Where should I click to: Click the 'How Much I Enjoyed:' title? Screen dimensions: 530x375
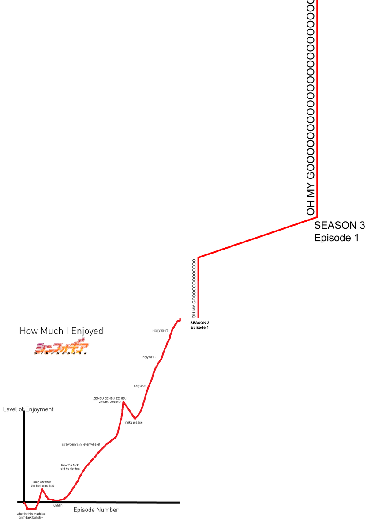pyautogui.click(x=63, y=331)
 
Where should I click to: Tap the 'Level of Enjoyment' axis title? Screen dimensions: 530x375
pyautogui.click(x=28, y=409)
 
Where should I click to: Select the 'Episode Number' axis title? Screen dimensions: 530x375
pyautogui.click(x=96, y=510)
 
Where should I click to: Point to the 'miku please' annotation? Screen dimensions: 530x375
pyautogui.click(x=134, y=422)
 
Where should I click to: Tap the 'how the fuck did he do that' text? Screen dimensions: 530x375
pyautogui.click(x=70, y=467)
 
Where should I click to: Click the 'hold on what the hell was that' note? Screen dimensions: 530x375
pyautogui.click(x=42, y=484)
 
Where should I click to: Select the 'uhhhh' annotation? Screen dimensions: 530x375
pyautogui.click(x=58, y=505)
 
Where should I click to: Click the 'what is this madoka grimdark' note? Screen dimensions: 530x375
pyautogui.click(x=31, y=515)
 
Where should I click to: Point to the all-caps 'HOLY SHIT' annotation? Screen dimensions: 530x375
pyautogui.click(x=160, y=331)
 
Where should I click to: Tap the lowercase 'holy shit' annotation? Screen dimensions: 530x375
pyautogui.click(x=139, y=386)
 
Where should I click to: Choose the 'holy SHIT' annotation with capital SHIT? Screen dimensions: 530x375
pyautogui.click(x=149, y=357)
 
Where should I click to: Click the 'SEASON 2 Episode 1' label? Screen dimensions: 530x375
pyautogui.click(x=200, y=325)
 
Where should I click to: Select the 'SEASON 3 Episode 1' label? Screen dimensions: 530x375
pyautogui.click(x=339, y=231)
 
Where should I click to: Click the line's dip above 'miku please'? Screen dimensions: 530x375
pyautogui.click(x=135, y=418)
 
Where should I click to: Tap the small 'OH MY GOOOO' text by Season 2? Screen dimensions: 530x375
pyautogui.click(x=194, y=289)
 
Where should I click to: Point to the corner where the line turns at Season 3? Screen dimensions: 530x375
pyautogui.click(x=317, y=216)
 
